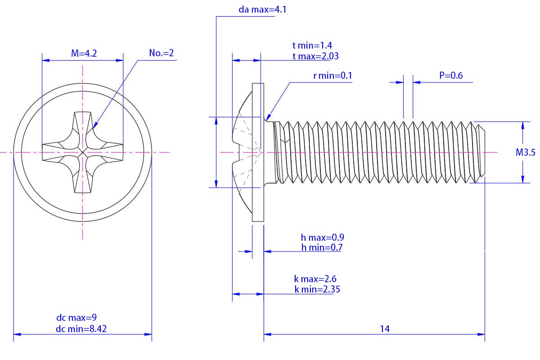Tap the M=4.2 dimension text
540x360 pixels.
[x=84, y=54]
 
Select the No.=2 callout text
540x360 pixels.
[x=161, y=54]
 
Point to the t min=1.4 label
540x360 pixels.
[x=312, y=45]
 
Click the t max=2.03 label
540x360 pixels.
[x=315, y=56]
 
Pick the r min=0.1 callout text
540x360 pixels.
[x=333, y=76]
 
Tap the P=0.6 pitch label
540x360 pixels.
[x=451, y=76]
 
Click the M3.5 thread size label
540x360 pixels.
[x=526, y=153]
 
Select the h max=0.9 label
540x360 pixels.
[x=323, y=237]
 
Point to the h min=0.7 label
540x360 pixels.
[x=322, y=247]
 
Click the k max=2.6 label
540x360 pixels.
[x=315, y=279]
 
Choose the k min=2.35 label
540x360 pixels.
[x=317, y=289]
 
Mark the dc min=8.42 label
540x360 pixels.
[x=81, y=329]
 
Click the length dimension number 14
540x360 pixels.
[x=384, y=329]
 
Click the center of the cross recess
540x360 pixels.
[x=83, y=153]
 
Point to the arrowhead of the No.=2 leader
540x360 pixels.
[x=94, y=127]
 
